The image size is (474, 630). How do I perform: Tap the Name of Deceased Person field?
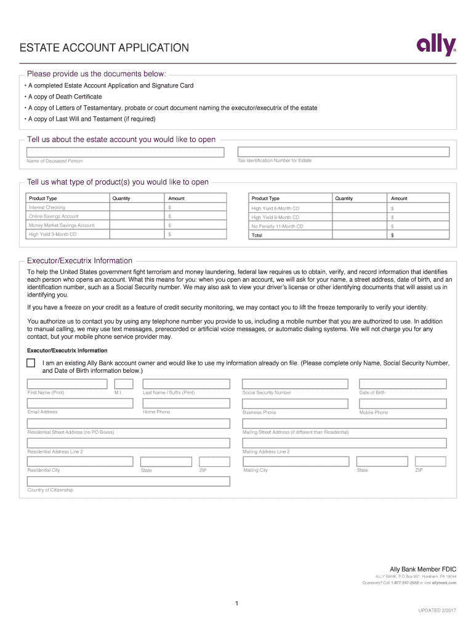tap(126, 152)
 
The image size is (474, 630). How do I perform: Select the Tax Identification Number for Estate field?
tap(343, 151)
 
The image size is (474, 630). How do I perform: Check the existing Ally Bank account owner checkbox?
tap(31, 362)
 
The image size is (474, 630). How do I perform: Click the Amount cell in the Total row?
tap(419, 235)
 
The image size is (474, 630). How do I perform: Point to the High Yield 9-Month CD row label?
tap(275, 217)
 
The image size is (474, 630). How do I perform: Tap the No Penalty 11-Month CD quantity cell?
tap(360, 226)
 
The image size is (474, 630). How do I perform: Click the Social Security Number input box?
tap(298, 384)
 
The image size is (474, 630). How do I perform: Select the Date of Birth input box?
tap(402, 384)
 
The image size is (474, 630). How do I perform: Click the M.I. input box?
tap(124, 384)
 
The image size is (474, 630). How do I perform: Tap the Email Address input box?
tap(80, 404)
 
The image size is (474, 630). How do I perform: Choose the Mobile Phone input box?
tap(402, 404)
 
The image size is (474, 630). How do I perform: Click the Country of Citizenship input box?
tap(129, 481)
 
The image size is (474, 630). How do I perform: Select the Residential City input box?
tap(80, 461)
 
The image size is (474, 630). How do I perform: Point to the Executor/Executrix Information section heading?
tap(79, 261)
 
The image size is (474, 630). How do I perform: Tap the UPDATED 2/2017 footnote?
tap(438, 611)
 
